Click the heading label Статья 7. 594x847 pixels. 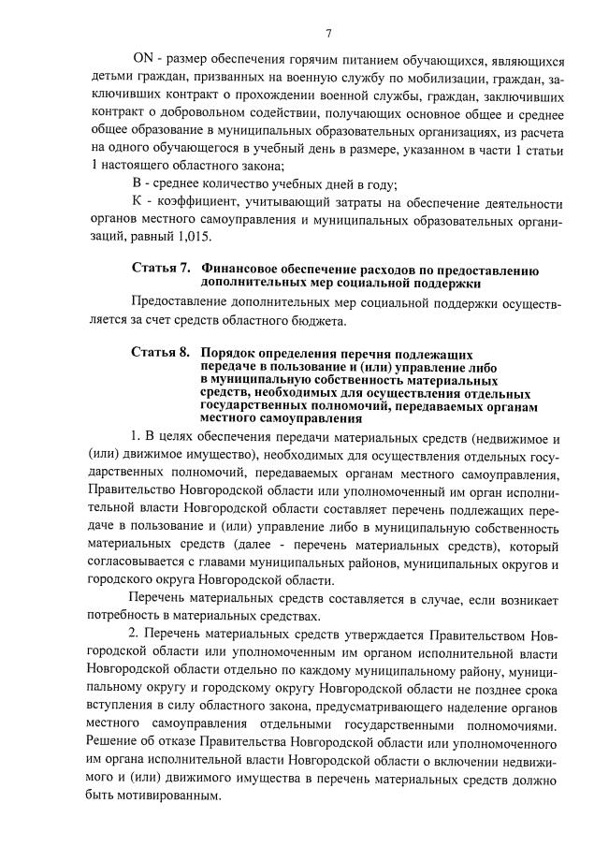point(160,270)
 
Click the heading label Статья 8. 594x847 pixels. point(160,354)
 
